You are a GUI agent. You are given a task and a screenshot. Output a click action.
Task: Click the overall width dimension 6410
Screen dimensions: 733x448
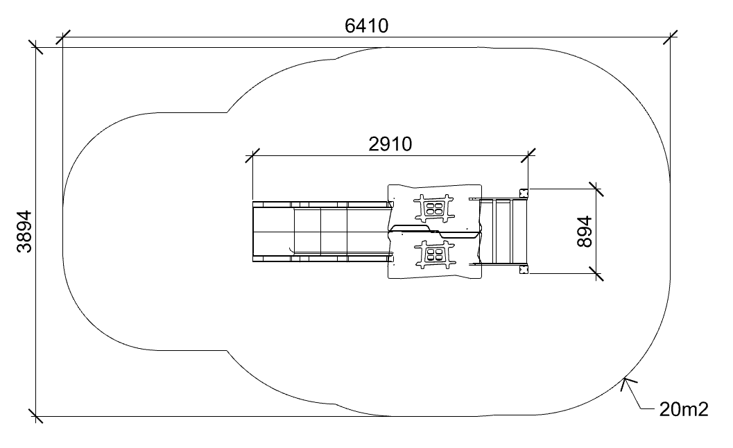point(366,26)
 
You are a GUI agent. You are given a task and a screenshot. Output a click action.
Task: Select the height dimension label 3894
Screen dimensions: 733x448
point(24,232)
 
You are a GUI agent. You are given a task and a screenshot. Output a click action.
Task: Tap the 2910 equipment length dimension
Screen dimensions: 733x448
point(390,144)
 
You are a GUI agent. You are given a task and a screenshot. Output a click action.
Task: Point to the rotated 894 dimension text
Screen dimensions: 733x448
point(585,232)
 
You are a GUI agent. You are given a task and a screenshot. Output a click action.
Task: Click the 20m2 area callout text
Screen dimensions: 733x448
point(684,409)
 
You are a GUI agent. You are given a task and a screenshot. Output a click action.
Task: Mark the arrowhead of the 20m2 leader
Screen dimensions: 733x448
point(626,384)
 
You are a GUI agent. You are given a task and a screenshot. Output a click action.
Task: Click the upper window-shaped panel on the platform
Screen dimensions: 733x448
point(435,208)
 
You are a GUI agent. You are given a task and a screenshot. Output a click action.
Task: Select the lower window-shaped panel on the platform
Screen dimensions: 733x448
point(435,255)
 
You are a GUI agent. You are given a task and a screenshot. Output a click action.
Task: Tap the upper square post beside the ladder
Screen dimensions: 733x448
point(524,193)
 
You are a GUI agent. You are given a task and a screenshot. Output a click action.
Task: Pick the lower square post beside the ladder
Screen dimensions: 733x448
point(524,269)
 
